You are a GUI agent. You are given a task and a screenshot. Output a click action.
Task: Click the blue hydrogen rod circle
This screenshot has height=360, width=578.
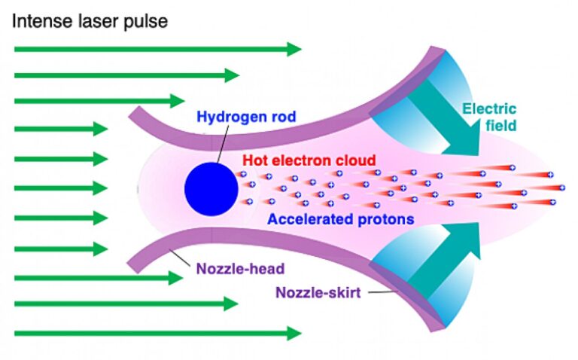click(211, 188)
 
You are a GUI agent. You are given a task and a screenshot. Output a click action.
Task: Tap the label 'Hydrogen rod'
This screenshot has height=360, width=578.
click(246, 117)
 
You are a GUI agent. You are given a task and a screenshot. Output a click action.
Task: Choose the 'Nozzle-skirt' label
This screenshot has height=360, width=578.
click(318, 292)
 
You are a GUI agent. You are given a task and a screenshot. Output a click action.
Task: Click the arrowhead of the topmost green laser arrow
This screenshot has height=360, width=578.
click(293, 50)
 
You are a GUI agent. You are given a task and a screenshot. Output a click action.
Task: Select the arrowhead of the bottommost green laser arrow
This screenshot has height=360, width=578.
click(293, 332)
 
